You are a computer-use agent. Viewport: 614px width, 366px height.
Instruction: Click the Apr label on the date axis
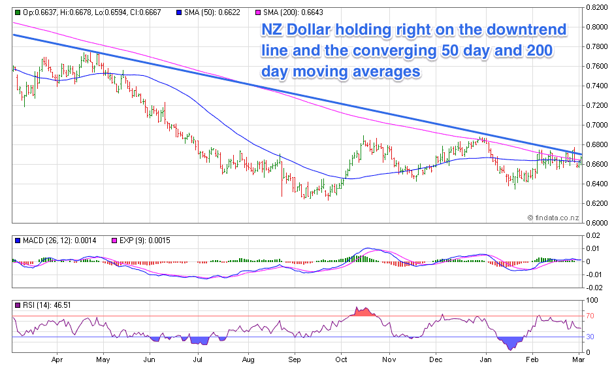(57, 359)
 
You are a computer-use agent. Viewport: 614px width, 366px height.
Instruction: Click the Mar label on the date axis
(578, 359)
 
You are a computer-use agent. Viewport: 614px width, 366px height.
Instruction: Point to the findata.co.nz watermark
(554, 217)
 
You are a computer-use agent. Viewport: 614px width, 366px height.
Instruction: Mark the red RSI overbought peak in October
(363, 311)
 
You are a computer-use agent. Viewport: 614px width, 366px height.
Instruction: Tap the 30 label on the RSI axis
(590, 337)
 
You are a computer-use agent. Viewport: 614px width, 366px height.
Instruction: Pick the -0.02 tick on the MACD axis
(594, 287)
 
